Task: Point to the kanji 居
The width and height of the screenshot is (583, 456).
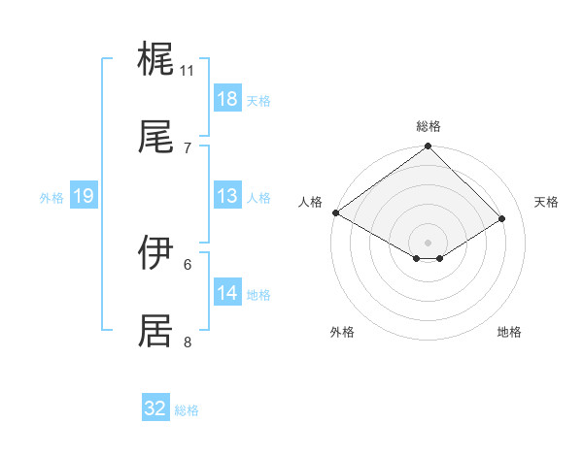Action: pyautogui.click(x=155, y=331)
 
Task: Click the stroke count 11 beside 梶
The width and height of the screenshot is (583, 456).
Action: pyautogui.click(x=188, y=71)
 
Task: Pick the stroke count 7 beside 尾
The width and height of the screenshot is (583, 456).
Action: pyautogui.click(x=188, y=147)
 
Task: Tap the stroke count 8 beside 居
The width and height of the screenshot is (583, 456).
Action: pyautogui.click(x=188, y=342)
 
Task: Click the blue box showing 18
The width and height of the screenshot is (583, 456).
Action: pyautogui.click(x=227, y=99)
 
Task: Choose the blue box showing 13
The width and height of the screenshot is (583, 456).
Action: pyautogui.click(x=227, y=196)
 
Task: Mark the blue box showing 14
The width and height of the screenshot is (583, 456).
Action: pyautogui.click(x=227, y=293)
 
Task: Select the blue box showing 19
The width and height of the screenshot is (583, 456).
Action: pyautogui.click(x=84, y=196)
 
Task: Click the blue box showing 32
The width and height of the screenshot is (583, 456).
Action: pyautogui.click(x=155, y=408)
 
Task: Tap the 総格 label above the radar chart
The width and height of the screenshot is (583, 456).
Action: pyautogui.click(x=429, y=126)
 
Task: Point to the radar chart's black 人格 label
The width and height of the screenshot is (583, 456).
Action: pyautogui.click(x=310, y=202)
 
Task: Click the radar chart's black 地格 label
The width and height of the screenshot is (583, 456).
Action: pyautogui.click(x=509, y=332)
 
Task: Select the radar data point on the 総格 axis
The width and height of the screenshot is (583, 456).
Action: pyautogui.click(x=429, y=147)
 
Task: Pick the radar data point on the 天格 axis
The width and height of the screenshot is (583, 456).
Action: pyautogui.click(x=502, y=218)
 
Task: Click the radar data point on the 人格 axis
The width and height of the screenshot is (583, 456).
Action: pyautogui.click(x=335, y=212)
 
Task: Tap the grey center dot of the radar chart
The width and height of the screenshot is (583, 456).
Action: pyautogui.click(x=429, y=242)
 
